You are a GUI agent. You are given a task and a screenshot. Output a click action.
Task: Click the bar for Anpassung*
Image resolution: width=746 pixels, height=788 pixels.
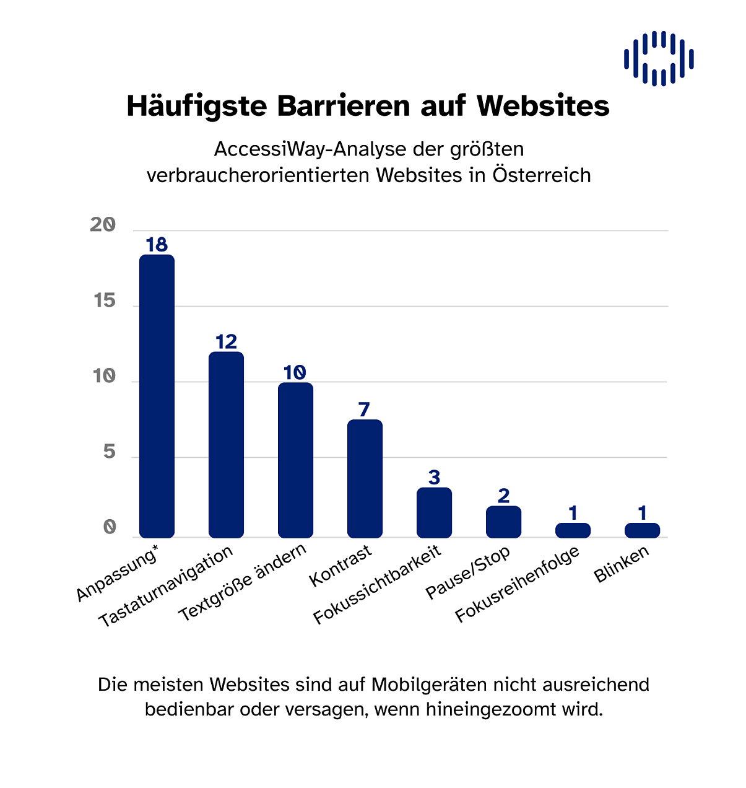(x=157, y=396)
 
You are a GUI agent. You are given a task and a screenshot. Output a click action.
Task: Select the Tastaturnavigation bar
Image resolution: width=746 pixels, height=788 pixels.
(x=226, y=445)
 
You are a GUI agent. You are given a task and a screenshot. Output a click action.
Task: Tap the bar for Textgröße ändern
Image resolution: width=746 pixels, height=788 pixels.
(x=295, y=460)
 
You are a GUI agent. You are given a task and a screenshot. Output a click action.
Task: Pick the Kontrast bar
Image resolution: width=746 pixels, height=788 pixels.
(x=365, y=479)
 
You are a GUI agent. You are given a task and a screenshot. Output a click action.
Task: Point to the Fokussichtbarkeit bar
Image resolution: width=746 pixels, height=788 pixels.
(x=434, y=513)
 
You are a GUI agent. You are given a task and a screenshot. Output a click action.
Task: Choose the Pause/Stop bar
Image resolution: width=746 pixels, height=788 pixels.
(x=503, y=522)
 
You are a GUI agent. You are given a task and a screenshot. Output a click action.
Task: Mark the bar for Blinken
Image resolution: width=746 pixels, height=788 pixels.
(x=642, y=530)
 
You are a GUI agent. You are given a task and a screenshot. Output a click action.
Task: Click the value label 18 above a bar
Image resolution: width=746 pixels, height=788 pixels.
(x=157, y=245)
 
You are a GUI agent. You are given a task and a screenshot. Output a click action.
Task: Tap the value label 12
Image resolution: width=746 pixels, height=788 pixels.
(x=226, y=342)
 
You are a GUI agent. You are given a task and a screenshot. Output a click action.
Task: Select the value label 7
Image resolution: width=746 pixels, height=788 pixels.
(x=364, y=409)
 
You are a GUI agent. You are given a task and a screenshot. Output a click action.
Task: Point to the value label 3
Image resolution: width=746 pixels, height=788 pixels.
(x=434, y=478)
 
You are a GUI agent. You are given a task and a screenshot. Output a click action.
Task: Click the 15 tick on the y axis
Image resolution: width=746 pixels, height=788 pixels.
(x=105, y=301)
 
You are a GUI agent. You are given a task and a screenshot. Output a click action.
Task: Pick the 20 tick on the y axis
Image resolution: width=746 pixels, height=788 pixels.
(x=103, y=225)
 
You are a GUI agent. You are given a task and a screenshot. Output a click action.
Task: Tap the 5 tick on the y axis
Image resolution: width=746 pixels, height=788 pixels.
(x=110, y=452)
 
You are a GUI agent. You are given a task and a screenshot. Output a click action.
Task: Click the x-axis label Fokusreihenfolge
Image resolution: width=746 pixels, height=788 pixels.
(x=518, y=584)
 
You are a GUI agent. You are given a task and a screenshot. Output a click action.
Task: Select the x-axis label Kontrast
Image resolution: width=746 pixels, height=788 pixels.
(x=340, y=566)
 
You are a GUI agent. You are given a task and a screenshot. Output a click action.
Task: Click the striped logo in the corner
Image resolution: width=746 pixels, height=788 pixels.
(x=659, y=58)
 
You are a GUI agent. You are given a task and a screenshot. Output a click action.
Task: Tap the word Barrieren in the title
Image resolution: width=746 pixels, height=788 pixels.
(x=343, y=106)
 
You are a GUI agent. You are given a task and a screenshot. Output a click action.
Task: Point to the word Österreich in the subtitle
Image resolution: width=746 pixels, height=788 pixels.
(x=542, y=175)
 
